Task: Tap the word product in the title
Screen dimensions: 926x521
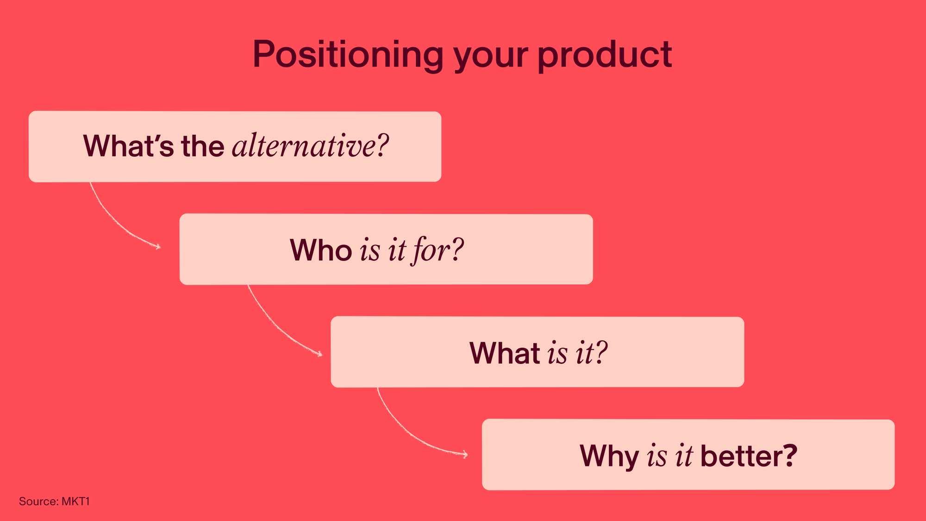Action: coord(605,54)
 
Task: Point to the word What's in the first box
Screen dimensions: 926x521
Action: coord(129,146)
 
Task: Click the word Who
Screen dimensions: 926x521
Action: coord(321,250)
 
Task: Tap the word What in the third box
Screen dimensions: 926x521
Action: coord(505,353)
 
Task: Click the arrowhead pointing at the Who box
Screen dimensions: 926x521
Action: coord(157,246)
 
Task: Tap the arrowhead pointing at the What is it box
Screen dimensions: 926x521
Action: coord(319,354)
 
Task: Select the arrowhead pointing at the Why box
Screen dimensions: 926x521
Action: coord(464,454)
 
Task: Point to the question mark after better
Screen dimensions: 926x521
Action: coord(789,456)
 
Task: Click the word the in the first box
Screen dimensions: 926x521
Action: coord(203,146)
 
